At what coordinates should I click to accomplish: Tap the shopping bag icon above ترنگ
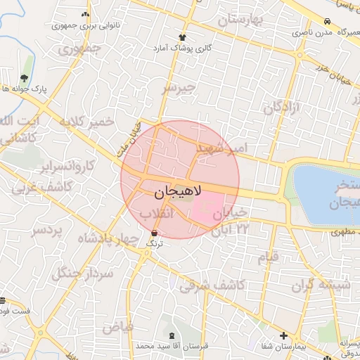click(154, 232)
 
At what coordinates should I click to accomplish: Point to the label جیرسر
click(176, 89)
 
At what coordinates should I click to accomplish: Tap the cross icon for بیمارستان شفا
click(283, 336)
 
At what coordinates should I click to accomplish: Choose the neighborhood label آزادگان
click(281, 107)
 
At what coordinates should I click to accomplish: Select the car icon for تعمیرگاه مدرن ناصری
click(328, 22)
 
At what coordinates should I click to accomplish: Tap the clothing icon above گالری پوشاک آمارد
click(183, 37)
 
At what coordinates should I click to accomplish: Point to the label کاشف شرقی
click(212, 285)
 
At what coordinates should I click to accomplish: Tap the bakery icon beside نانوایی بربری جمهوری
click(85, 14)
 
